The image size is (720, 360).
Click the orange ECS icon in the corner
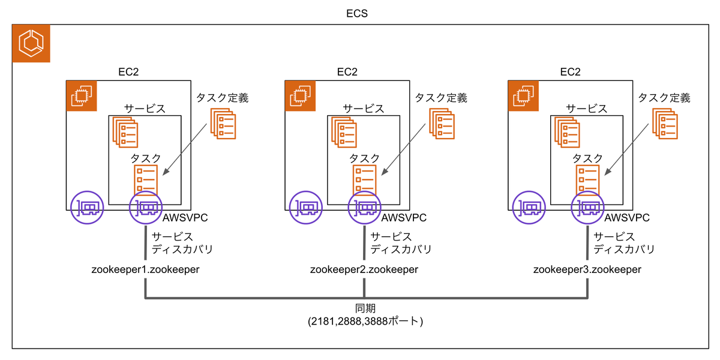[31, 44]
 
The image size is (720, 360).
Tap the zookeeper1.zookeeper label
[145, 270]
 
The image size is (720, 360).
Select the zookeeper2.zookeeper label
[364, 270]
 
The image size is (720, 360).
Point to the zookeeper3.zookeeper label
[587, 270]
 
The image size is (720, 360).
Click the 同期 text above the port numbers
[365, 308]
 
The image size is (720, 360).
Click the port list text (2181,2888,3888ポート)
[365, 322]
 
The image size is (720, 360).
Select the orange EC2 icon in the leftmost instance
[81, 96]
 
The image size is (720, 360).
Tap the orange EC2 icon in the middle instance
[300, 96]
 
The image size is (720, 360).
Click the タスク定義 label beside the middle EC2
[441, 97]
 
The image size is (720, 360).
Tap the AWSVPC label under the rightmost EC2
[627, 218]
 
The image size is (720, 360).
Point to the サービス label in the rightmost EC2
[587, 109]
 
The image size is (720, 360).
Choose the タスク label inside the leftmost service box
[146, 158]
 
